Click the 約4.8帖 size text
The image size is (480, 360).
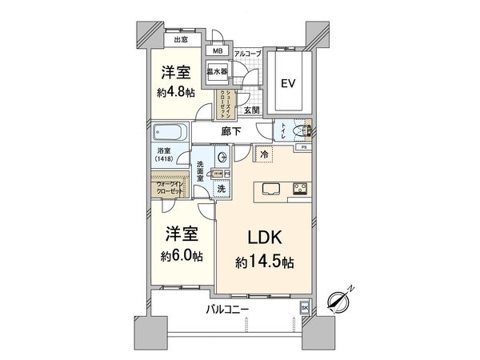click(176, 92)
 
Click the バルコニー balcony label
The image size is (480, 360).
click(227, 308)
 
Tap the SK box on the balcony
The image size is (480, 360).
click(304, 307)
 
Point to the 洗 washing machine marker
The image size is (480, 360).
click(222, 190)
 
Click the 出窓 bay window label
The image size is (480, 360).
click(180, 38)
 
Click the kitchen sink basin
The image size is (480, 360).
click(267, 189)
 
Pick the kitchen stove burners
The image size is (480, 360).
click(299, 189)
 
